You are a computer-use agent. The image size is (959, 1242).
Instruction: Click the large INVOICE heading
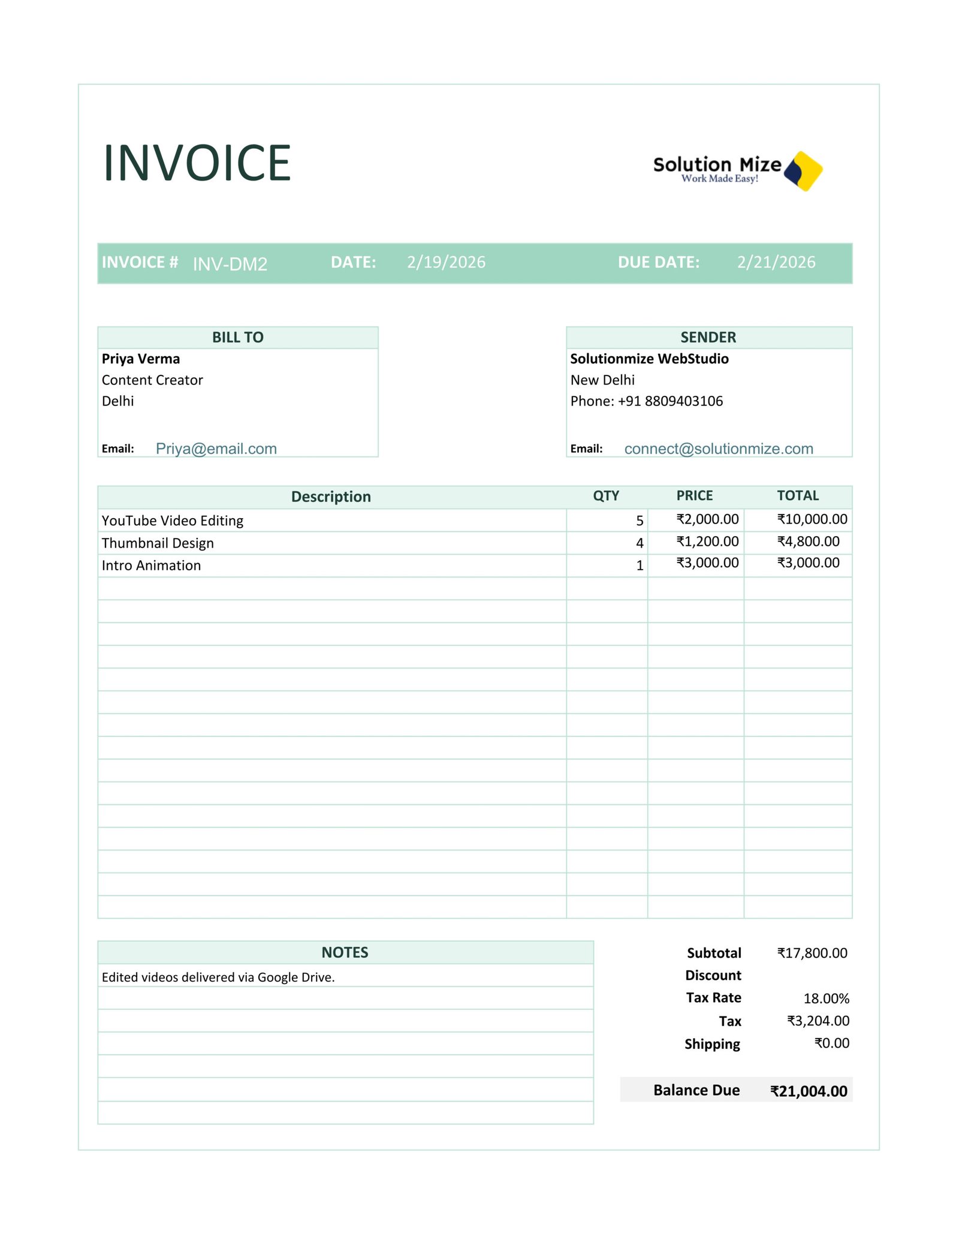tap(197, 163)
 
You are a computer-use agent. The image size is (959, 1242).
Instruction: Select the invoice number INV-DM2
tap(230, 264)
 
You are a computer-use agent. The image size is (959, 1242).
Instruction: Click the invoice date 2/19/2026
tap(446, 262)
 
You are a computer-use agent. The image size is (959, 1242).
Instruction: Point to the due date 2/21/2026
tap(776, 262)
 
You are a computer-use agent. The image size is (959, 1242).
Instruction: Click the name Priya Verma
tap(141, 359)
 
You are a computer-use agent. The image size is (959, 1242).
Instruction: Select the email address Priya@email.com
tap(216, 449)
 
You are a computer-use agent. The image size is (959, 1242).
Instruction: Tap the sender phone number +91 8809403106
tap(670, 401)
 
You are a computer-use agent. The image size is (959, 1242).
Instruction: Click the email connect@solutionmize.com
tap(718, 449)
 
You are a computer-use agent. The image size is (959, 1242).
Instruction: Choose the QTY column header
tap(605, 495)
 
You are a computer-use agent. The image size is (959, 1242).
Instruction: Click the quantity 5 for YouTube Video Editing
tap(640, 521)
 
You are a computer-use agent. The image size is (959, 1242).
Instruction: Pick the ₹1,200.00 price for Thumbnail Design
tap(707, 542)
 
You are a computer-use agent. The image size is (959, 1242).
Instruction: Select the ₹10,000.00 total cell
tap(812, 519)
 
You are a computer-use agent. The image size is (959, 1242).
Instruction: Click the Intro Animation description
tap(151, 566)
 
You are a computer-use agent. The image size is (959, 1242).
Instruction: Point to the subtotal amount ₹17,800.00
tap(812, 953)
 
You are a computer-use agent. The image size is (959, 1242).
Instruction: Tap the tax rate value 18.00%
tap(826, 999)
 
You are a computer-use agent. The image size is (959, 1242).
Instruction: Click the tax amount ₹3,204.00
tap(818, 1021)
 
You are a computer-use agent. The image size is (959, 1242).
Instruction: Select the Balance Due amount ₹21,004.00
tap(808, 1091)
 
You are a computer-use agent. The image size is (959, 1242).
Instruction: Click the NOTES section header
tap(345, 952)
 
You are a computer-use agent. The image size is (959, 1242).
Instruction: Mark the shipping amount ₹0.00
tap(831, 1043)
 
